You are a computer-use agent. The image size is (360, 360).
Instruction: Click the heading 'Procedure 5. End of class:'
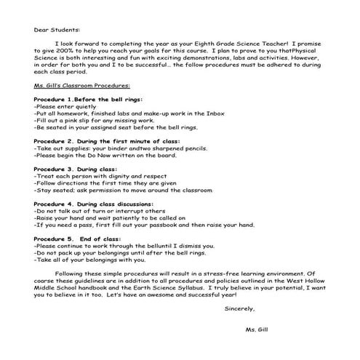pos(76,238)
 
